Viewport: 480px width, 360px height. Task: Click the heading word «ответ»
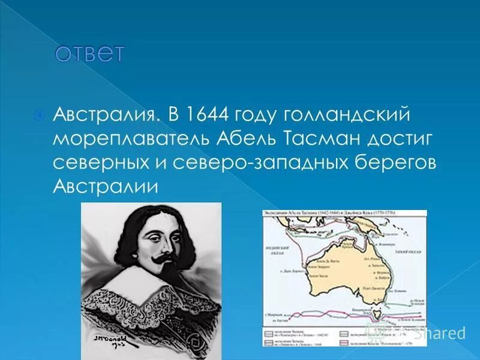(89, 53)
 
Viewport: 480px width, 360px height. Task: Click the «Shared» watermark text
(441, 334)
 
